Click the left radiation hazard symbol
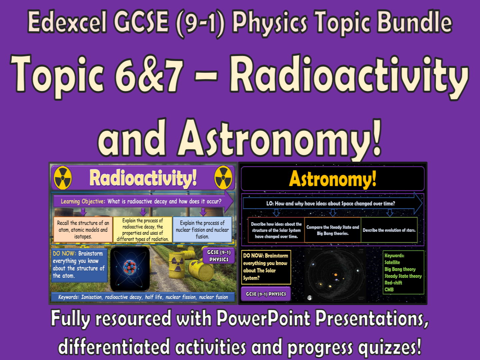point(63,178)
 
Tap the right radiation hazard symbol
point(223,178)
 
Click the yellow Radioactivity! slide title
point(143,178)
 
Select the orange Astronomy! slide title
point(332,179)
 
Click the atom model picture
point(130,268)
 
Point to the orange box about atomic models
point(83,230)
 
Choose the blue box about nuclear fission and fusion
point(202,230)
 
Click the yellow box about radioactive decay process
point(143,230)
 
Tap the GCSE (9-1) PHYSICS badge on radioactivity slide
point(219,256)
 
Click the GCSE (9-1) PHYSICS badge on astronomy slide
point(266,294)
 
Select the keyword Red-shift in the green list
point(393,283)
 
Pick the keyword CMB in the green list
point(389,290)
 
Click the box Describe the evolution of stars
point(389,230)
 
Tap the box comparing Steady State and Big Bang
point(332,230)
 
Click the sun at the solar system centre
point(335,275)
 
